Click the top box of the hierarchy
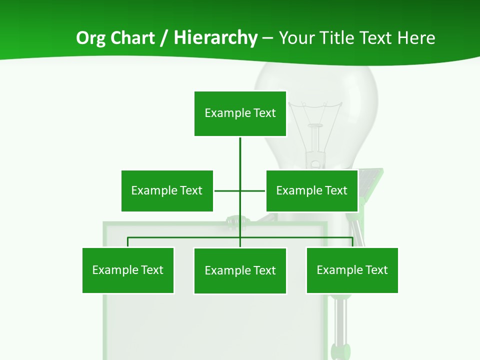coord(240,113)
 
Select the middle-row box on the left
coord(167,190)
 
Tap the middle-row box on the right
coord(312,190)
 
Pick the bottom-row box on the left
coord(128,270)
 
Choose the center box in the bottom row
coord(240,270)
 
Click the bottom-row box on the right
coord(352,270)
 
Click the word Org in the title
coord(91,38)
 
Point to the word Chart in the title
coord(132,38)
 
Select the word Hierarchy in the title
coord(215,38)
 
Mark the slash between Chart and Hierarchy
coord(163,38)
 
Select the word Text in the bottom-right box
coord(376,270)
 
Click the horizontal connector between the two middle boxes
coord(227,190)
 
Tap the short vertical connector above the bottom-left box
coord(128,242)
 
